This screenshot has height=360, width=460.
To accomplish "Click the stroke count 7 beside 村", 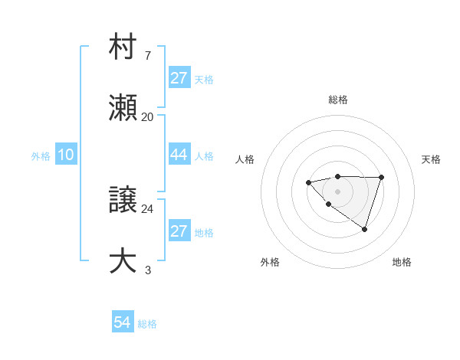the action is pos(147,56).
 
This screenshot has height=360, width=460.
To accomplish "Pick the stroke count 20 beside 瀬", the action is pos(147,116).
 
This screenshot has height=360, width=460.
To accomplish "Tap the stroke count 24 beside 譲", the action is pos(147,208).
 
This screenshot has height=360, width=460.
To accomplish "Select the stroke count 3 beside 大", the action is pos(147,270).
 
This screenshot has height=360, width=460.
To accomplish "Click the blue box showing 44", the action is pos(179,155).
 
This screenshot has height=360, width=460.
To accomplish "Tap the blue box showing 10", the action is pos(66,155).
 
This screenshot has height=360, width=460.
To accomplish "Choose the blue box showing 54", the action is pos(123,322).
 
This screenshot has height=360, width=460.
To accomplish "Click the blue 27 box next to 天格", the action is pos(179,78).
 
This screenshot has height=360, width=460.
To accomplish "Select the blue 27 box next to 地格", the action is pos(179,231).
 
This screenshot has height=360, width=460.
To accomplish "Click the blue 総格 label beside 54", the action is pos(147,324).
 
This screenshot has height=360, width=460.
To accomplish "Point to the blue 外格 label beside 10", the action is pos(41,156).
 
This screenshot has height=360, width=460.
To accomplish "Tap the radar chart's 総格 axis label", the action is pos(338,100).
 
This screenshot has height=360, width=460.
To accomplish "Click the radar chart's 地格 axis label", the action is pos(402,262).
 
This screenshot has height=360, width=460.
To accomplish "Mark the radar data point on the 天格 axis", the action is pos(382,177).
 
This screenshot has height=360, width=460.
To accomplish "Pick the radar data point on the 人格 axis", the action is pos(308,182).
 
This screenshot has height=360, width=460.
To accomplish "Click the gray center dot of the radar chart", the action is pos(337,191).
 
